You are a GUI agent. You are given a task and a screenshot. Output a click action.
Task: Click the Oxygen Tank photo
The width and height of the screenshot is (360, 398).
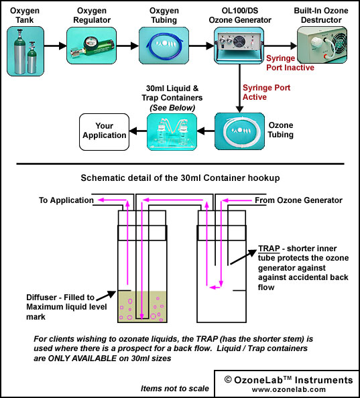pos(25,52)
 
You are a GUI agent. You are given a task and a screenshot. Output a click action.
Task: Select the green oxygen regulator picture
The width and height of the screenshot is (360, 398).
pos(91,46)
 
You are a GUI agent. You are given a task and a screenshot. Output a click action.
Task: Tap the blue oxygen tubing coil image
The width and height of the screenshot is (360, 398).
pos(164,46)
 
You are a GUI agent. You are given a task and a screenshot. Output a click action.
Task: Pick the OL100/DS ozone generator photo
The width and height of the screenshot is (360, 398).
pos(239,46)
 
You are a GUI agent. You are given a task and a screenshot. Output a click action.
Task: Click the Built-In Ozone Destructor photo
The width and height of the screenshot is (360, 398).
pos(322,45)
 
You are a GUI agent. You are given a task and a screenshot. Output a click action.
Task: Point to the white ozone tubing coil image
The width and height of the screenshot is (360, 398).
pos(239,131)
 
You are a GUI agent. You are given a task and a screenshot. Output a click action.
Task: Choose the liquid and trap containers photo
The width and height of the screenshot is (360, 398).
pos(172,132)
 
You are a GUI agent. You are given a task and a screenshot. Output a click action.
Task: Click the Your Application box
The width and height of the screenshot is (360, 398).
pos(105,132)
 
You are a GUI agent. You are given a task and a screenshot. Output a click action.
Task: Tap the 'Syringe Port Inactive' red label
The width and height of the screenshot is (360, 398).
pos(290,63)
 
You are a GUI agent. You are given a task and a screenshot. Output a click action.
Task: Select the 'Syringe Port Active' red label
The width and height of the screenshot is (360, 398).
pos(266,92)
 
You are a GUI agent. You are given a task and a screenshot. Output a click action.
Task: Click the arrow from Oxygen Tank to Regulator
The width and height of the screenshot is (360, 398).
pos(56,46)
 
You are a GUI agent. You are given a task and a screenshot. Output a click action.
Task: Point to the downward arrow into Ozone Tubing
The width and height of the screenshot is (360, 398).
pos(239,88)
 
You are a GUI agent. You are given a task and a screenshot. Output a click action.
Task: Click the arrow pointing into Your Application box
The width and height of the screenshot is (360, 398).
pos(138,131)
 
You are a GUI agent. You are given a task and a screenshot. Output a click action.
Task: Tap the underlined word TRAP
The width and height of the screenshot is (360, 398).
pos(269,249)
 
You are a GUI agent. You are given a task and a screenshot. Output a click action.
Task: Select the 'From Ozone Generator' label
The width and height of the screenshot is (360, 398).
pos(298,200)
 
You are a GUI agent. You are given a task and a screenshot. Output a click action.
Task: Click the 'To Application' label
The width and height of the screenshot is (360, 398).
pos(66,200)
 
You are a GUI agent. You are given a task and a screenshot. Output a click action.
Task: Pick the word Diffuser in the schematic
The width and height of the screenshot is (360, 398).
pos(42,297)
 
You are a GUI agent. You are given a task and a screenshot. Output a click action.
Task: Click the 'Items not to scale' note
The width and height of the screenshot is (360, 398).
pos(175,389)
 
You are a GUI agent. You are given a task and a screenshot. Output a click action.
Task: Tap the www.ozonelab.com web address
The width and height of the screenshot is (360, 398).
pos(289,389)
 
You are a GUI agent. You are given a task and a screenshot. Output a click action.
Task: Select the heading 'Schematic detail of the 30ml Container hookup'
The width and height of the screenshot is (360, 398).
pos(180,178)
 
